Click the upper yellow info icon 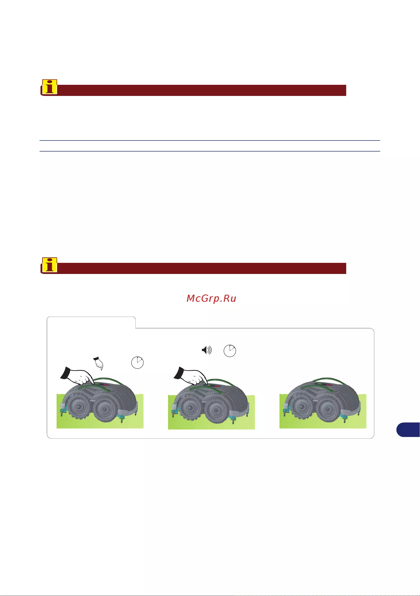(50, 87)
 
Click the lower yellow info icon (50, 265)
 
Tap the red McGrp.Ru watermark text (211, 299)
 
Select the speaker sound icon (207, 350)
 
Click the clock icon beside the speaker (230, 351)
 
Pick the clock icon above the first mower (137, 362)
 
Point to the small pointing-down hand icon (98, 363)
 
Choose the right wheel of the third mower (327, 409)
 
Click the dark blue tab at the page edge (408, 430)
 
